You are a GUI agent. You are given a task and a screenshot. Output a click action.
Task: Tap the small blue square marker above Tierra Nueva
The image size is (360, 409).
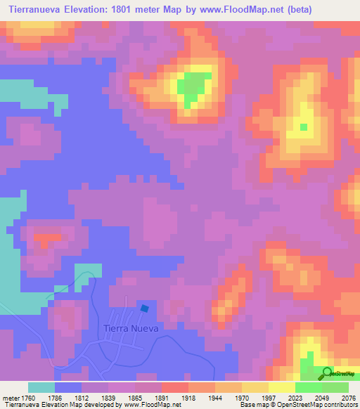(x=145, y=308)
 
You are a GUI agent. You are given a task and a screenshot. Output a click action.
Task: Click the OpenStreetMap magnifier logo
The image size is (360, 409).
(x=327, y=372)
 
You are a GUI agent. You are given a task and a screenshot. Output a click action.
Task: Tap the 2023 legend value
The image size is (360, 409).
(x=285, y=396)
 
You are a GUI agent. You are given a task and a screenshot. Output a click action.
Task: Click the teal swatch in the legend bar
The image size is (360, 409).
(x=41, y=387)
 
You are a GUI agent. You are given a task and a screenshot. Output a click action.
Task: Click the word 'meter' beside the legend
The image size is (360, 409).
(x=12, y=396)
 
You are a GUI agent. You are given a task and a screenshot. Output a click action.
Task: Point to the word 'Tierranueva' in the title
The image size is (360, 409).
(x=39, y=9)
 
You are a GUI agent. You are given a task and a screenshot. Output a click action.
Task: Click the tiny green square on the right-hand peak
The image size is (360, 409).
(x=304, y=127)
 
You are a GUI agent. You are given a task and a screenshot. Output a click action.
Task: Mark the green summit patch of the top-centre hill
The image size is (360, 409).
(x=190, y=87)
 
